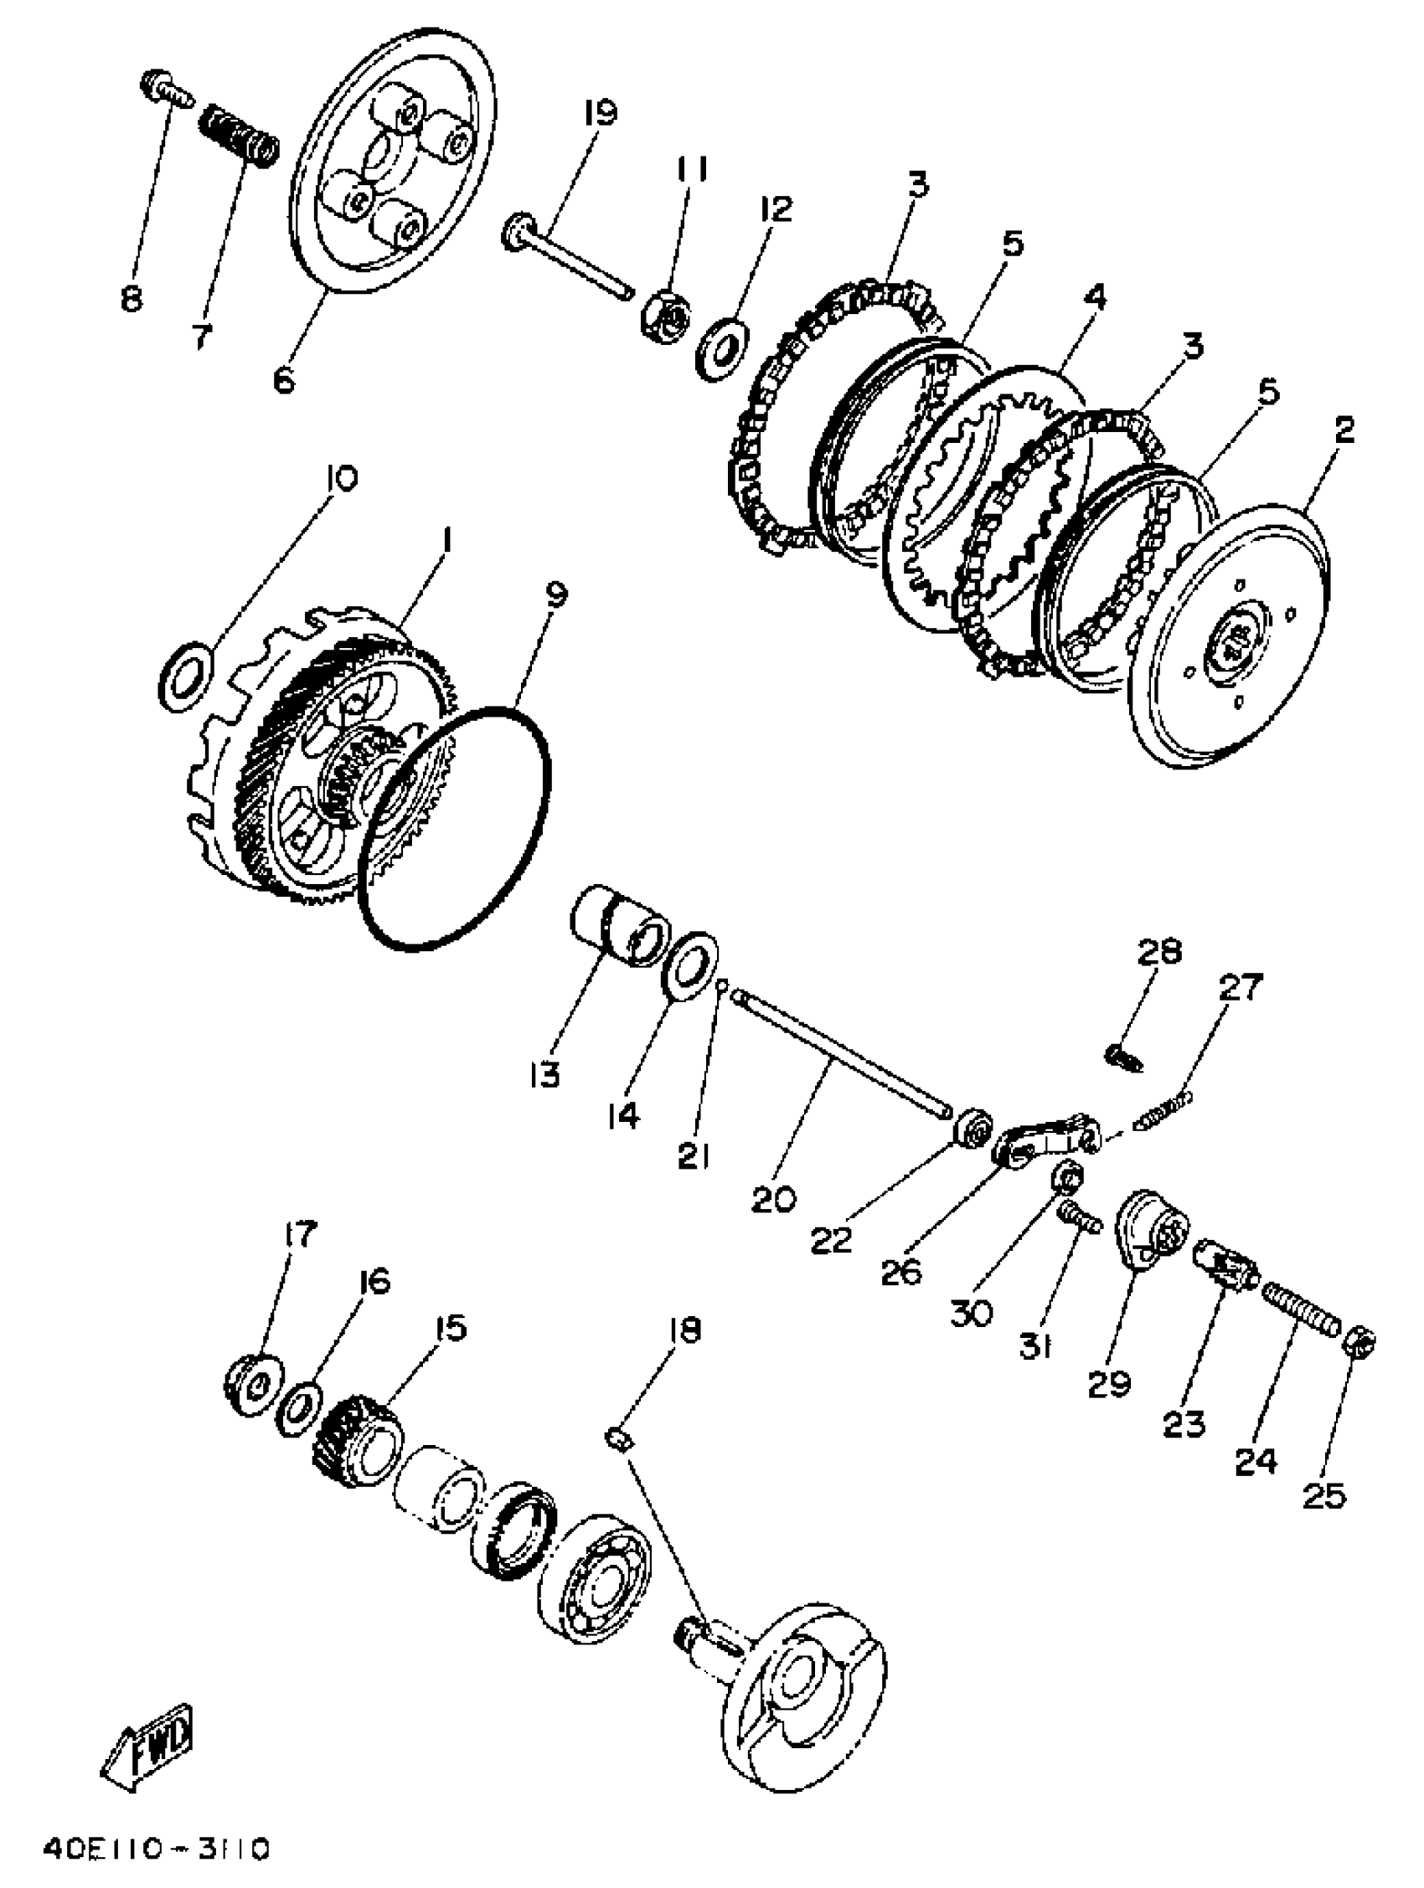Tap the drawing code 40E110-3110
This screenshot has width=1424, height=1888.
(x=157, y=1849)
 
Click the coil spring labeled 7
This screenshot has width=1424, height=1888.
(x=237, y=136)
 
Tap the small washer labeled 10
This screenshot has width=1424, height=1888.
(x=184, y=676)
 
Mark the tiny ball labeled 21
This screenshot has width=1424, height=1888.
(x=721, y=985)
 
